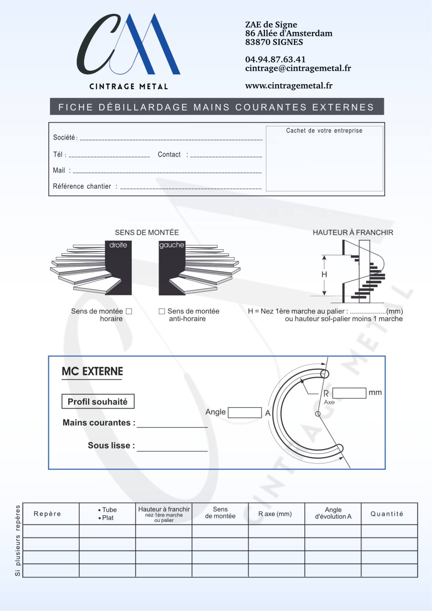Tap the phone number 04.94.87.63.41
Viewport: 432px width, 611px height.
275,60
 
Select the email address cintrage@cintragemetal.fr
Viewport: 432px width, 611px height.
298,68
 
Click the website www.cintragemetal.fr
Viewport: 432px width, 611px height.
288,86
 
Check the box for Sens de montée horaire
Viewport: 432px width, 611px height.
129,311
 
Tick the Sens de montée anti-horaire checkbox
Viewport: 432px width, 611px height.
162,311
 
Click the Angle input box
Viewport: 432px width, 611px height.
244,413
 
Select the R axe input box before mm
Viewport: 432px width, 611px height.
349,393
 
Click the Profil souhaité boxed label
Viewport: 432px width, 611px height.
98,402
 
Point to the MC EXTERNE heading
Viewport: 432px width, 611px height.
92,372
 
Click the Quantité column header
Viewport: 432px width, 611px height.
387,514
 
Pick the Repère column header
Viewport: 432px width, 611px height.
48,514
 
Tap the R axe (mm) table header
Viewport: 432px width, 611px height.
275,514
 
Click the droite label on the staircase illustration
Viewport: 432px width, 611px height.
118,245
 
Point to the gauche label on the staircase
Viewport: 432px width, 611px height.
172,245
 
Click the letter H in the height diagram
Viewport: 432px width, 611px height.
324,275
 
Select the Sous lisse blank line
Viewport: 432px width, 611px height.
172,448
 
